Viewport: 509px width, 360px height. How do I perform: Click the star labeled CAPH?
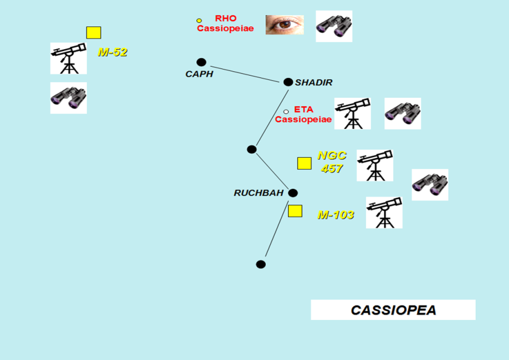point(201,62)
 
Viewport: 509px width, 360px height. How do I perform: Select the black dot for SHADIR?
point(288,82)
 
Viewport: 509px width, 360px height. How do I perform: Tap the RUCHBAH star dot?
point(293,193)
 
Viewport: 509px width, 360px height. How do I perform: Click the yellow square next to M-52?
point(93,33)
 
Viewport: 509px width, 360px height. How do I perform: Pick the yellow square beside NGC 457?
point(304,163)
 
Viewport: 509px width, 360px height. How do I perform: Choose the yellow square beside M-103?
point(295,211)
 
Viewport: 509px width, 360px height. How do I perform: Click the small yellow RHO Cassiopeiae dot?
point(199,21)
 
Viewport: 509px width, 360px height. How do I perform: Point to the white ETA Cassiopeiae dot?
point(286,112)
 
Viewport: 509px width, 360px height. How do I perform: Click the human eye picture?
point(284,25)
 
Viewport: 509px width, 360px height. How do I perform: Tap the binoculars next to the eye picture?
point(334,26)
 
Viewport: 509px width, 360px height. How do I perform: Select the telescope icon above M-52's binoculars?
point(68,58)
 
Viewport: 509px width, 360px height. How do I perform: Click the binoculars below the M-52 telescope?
point(68,98)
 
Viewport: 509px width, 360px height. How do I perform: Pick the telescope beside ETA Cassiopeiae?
point(352,113)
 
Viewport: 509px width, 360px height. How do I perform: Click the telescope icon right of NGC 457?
point(374,165)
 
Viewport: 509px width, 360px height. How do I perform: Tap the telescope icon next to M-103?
point(384,212)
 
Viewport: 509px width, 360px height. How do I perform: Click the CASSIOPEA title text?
point(393,310)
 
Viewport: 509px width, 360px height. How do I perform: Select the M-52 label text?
point(113,53)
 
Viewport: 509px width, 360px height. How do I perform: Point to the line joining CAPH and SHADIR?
point(244,72)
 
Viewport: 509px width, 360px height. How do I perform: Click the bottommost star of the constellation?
point(261,264)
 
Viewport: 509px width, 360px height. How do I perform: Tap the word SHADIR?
point(314,83)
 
